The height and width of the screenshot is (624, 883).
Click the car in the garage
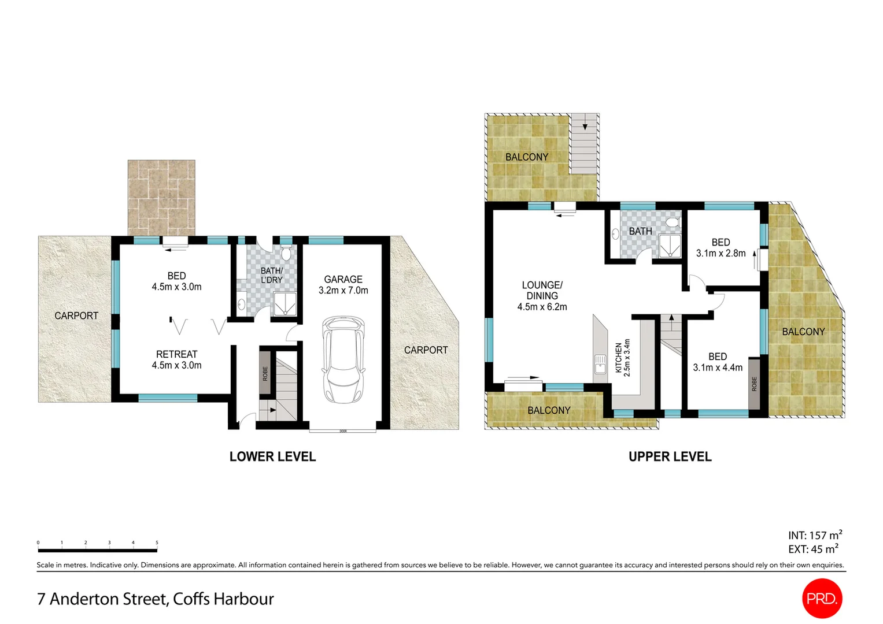tap(343, 359)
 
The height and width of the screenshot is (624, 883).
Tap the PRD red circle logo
tap(822, 599)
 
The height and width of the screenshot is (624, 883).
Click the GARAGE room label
tap(343, 280)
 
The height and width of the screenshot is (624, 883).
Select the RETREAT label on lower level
tap(176, 354)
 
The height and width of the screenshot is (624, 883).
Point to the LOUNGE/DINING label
tap(542, 290)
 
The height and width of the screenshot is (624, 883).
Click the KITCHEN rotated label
tap(619, 358)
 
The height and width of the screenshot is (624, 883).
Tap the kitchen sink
tap(600, 365)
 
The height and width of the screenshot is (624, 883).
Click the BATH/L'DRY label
tap(271, 275)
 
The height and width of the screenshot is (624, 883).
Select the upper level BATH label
tap(640, 231)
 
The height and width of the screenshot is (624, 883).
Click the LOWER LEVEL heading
tap(272, 456)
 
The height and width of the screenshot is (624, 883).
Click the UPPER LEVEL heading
tap(670, 456)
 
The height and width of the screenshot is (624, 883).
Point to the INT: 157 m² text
tap(814, 536)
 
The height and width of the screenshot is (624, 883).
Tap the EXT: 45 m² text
tap(812, 549)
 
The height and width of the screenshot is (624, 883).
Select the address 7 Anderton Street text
tap(155, 599)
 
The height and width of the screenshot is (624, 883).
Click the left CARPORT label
tap(76, 315)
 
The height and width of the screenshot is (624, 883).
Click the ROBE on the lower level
tap(265, 373)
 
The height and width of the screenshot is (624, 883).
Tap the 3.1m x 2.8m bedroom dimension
tap(721, 253)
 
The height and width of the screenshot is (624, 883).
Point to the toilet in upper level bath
tap(672, 222)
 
